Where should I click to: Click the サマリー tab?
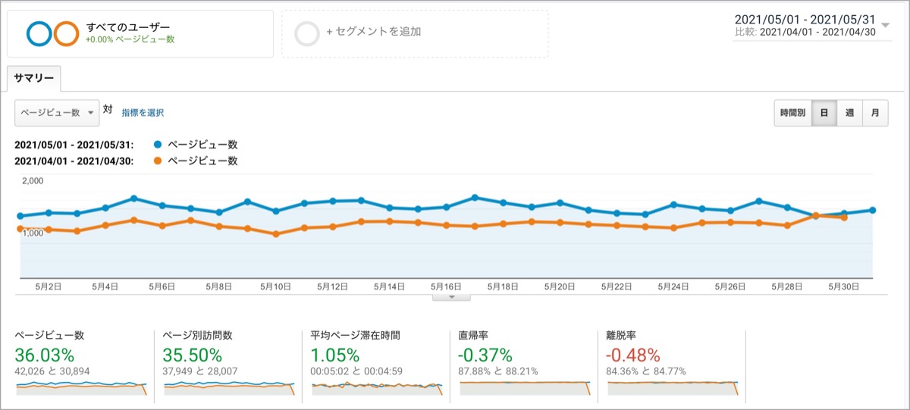(33, 78)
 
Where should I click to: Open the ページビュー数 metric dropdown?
(57, 113)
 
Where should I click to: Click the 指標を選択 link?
(143, 113)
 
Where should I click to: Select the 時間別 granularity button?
(792, 113)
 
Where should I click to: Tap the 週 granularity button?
(849, 113)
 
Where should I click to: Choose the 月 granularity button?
(875, 113)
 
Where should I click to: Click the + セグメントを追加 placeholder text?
(374, 32)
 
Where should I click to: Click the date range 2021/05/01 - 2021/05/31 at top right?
(805, 20)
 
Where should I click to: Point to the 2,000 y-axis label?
(33, 181)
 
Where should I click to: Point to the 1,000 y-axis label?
(33, 233)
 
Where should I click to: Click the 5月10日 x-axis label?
(275, 287)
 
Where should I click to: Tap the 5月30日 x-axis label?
(844, 287)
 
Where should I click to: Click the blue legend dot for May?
(158, 145)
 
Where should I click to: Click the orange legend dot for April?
(158, 161)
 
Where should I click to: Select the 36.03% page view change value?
(44, 355)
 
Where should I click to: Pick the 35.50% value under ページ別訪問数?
(192, 355)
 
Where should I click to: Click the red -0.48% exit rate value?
(633, 355)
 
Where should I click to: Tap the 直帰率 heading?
(473, 335)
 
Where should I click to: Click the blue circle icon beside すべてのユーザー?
(39, 33)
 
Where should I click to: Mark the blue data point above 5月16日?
(447, 207)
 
